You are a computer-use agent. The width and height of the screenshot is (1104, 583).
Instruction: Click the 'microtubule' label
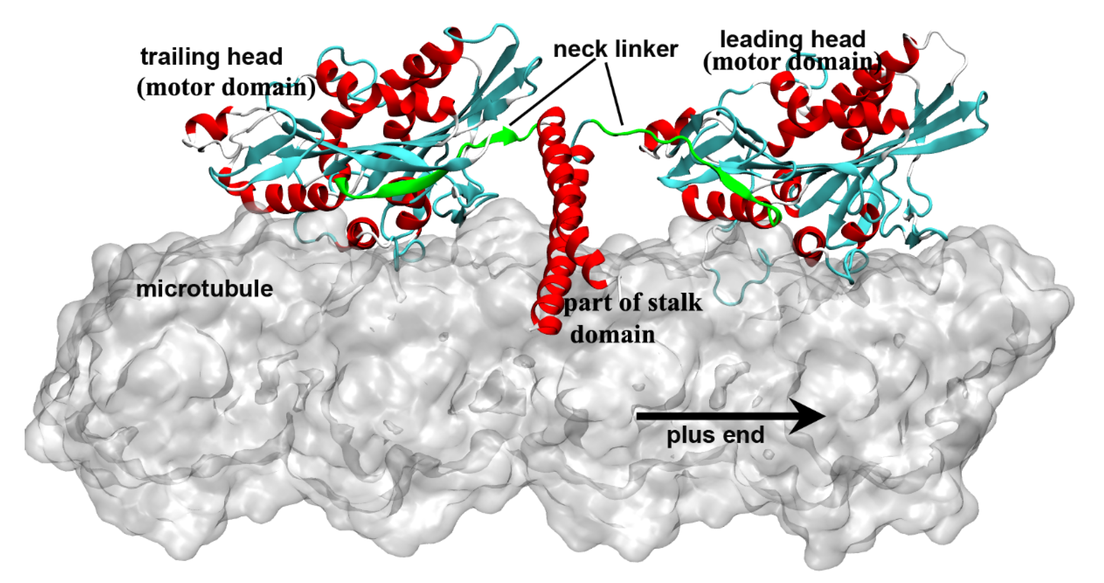204,289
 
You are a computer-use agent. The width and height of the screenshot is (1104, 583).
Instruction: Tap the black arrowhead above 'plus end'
808,416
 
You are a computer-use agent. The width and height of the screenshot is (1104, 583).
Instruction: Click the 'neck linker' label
615,49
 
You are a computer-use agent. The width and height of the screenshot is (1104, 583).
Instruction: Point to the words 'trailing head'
212,57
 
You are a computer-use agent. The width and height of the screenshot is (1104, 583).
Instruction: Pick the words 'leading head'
792,39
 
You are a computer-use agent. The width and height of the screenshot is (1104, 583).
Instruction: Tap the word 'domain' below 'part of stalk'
613,334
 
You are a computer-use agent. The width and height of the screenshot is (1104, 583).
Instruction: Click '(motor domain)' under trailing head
226,88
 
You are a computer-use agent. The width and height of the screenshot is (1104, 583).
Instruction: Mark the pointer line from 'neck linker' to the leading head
614,94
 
